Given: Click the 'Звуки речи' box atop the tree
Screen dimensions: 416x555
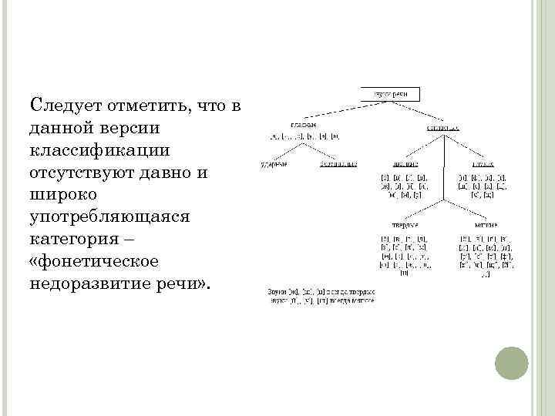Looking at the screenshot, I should [x=390, y=94].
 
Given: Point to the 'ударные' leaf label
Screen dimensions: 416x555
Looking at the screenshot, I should [x=273, y=164].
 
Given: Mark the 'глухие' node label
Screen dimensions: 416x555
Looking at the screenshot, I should [x=484, y=164].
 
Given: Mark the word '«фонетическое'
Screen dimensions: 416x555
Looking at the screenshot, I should [x=92, y=261].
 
